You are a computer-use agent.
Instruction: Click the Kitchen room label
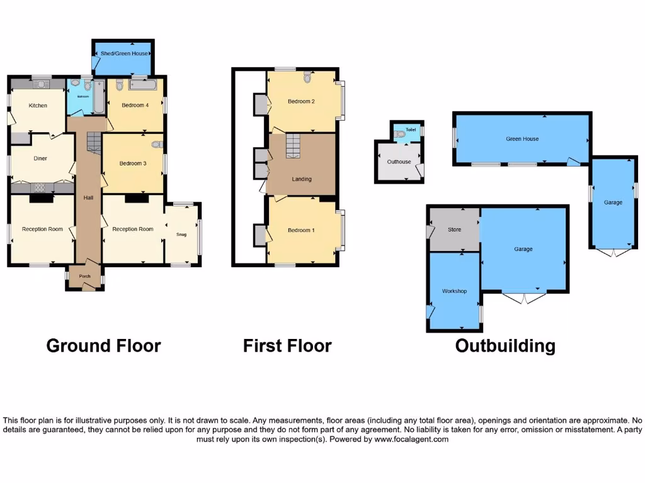point(38,106)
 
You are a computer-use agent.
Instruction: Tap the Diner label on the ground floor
point(40,158)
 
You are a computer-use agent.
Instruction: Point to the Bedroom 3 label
point(133,164)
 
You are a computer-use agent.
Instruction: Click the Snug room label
point(181,235)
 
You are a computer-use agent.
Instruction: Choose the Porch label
point(84,276)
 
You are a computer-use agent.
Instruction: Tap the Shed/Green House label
point(125,54)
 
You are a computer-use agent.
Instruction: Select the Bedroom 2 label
point(301,101)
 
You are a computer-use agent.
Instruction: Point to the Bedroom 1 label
point(301,230)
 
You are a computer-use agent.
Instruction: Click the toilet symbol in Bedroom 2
point(307,77)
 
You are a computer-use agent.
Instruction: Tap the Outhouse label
point(399,162)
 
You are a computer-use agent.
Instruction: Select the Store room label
point(454,230)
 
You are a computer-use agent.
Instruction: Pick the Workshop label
point(454,291)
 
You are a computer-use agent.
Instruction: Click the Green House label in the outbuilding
point(522,139)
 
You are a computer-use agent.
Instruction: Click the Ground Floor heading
point(103,346)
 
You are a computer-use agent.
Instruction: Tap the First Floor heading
point(287,346)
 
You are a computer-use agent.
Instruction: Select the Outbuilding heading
point(505,346)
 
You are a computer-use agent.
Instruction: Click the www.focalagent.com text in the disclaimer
point(411,440)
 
